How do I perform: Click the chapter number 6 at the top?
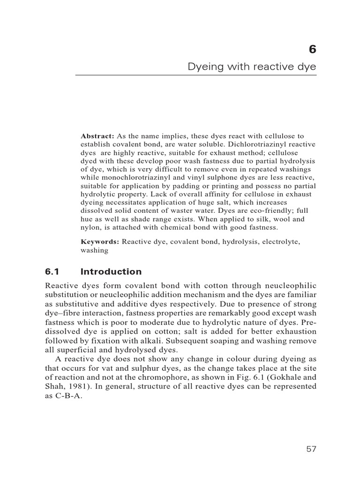(x=313, y=50)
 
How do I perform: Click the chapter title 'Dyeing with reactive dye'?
(x=252, y=67)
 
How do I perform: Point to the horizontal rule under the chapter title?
(x=196, y=75)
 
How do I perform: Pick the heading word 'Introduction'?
(x=111, y=271)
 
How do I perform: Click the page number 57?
(x=311, y=449)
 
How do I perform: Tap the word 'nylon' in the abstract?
(x=90, y=228)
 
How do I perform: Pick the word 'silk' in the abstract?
(x=263, y=219)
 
